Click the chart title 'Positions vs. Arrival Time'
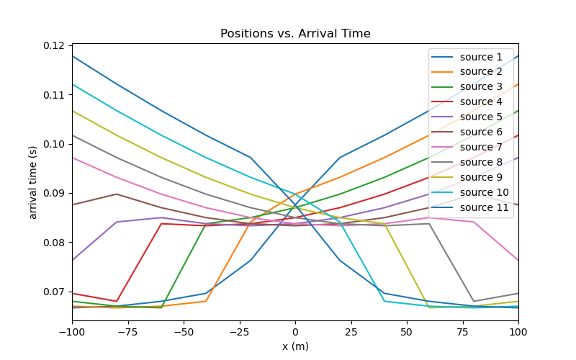coord(295,34)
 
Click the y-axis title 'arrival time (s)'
coord(33,181)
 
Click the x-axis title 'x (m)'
coord(295,346)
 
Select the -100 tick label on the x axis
coord(72,331)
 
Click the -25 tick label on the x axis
coord(239,331)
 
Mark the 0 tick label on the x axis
coord(295,331)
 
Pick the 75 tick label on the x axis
coord(462,331)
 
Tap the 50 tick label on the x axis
coord(407,331)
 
